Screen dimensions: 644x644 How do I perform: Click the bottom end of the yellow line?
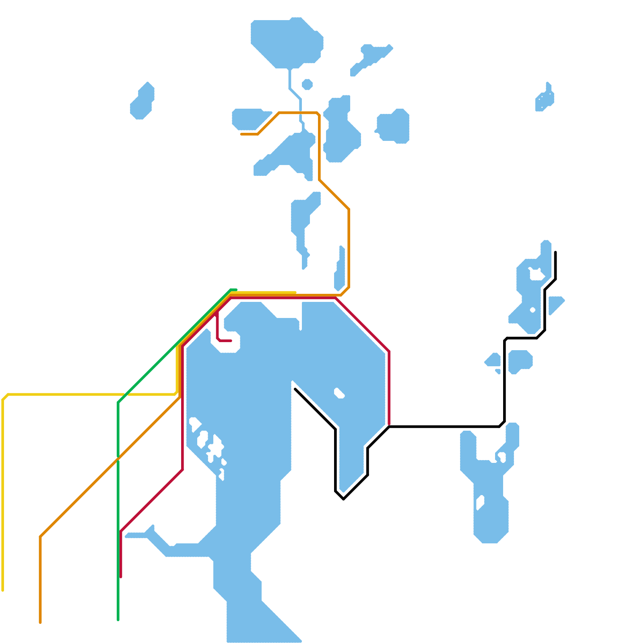(3, 590)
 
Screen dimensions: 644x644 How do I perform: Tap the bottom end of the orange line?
(40, 622)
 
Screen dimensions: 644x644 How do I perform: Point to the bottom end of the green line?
(118, 620)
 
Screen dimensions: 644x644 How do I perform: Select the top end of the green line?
(236, 289)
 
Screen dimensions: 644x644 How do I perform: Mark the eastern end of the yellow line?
(295, 292)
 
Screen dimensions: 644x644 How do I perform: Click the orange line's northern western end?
(241, 134)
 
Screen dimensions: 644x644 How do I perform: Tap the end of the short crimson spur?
(231, 341)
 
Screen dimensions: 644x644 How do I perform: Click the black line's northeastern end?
(555, 252)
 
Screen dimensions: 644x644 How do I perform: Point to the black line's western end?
(295, 389)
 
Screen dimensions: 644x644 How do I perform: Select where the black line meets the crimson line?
(389, 426)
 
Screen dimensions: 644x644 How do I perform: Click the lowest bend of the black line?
(343, 499)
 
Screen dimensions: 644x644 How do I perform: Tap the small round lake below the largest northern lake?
(307, 85)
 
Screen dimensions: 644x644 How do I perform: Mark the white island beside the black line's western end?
(339, 393)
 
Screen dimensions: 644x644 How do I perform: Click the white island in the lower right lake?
(480, 502)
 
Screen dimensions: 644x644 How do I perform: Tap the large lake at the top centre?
(287, 42)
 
